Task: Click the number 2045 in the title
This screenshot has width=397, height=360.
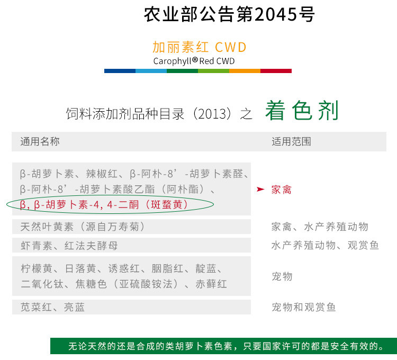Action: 276,14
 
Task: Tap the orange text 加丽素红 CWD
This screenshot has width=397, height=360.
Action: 199,47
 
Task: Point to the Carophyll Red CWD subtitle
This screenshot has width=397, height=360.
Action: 194,61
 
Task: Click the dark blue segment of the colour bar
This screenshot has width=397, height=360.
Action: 120,71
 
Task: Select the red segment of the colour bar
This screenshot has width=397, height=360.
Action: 276,71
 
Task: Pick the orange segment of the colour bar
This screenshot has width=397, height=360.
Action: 245,71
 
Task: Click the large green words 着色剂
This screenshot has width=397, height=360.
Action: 302,110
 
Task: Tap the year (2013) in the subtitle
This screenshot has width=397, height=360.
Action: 212,114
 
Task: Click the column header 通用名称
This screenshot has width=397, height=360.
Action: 40,141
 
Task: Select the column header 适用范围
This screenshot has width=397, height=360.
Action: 291,141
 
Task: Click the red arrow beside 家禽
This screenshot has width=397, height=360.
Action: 260,189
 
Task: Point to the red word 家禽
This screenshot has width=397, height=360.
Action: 281,190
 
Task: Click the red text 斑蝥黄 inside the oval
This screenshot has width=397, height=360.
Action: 166,204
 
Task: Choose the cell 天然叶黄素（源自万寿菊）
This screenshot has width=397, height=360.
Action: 83,227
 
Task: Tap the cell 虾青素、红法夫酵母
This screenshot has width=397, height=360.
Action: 69,245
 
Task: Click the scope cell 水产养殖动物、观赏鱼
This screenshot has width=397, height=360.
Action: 325,245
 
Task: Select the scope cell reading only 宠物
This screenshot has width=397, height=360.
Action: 282,276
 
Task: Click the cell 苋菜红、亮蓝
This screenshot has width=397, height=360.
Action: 52,307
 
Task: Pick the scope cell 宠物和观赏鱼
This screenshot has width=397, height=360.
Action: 304,307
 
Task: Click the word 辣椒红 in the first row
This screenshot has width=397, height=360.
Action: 102,174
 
